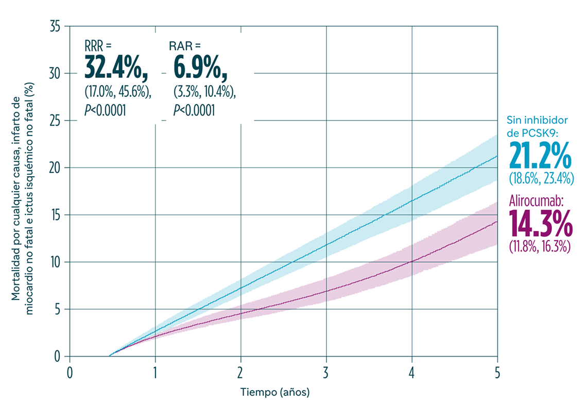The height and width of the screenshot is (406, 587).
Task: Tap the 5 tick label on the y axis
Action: [57, 310]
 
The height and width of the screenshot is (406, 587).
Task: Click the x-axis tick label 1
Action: [155, 372]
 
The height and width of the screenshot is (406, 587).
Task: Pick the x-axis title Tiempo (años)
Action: [275, 392]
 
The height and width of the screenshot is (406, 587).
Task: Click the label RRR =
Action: [98, 45]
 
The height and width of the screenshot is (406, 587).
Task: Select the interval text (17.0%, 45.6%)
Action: [118, 92]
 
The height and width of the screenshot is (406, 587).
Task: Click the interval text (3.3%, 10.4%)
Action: [204, 92]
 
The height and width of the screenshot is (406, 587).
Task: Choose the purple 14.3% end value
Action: [540, 222]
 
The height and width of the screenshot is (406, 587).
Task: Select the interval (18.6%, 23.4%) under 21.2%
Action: [541, 179]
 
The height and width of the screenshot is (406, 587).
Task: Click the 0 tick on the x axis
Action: [70, 372]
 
